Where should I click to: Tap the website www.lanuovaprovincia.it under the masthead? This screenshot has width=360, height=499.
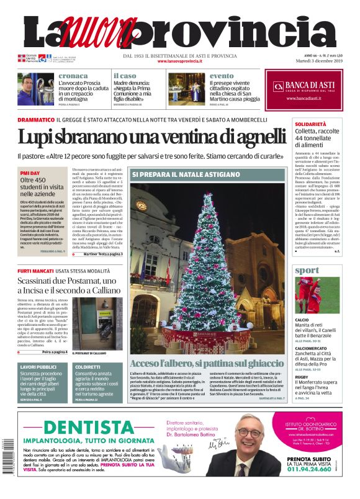click(x=179, y=61)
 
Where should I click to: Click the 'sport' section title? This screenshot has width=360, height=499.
click(x=307, y=271)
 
